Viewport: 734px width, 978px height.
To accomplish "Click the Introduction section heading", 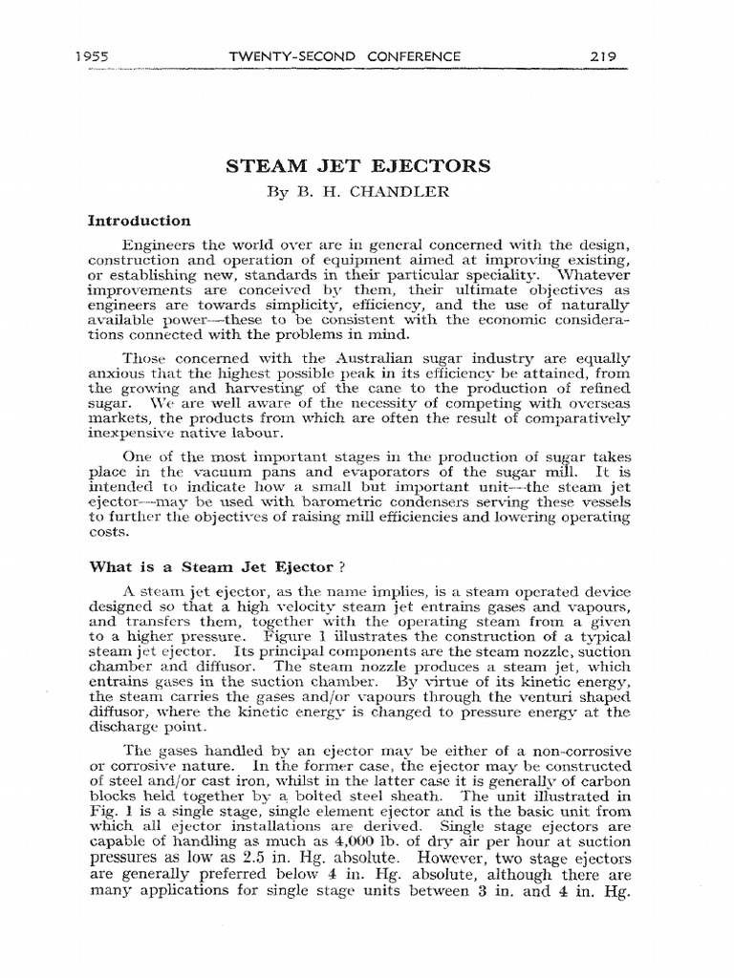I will point(139,221).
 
